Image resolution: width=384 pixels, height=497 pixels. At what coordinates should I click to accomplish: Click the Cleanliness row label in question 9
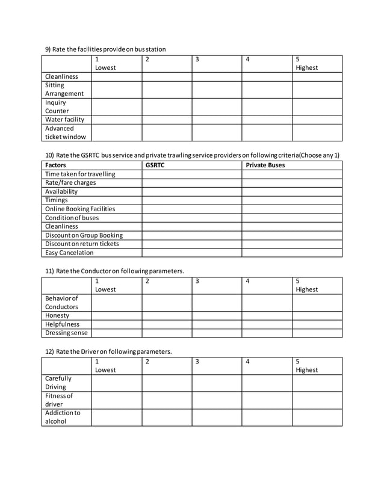click(61, 76)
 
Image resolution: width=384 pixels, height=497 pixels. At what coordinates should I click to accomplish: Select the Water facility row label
click(65, 119)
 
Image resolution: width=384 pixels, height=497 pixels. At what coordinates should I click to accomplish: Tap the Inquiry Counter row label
click(57, 106)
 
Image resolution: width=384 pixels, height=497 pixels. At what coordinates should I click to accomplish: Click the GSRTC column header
click(155, 165)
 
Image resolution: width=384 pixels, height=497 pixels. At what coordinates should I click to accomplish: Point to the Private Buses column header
click(265, 165)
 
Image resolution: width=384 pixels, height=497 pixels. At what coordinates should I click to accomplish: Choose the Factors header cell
click(56, 165)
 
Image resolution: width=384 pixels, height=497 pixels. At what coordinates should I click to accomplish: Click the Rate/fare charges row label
click(70, 182)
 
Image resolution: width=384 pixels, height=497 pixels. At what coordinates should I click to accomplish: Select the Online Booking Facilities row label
click(80, 209)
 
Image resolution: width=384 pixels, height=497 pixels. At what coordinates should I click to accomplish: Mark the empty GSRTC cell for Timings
click(192, 200)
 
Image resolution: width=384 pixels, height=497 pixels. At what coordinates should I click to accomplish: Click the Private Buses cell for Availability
click(292, 191)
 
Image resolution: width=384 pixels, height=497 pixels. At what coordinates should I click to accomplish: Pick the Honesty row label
click(57, 315)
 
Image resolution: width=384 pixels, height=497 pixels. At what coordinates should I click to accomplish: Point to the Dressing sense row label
click(66, 333)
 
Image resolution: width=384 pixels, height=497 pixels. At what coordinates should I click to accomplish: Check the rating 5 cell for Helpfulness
click(317, 324)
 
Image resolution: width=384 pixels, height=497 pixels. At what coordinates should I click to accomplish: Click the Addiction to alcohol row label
click(63, 417)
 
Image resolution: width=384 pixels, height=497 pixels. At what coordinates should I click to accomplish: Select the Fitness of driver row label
click(59, 400)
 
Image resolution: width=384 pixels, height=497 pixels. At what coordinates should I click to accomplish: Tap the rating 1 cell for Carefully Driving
click(117, 383)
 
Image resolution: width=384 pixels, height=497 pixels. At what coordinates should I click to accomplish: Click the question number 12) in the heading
click(50, 351)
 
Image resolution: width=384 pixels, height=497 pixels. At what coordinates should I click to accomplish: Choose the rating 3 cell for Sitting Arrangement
click(217, 89)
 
